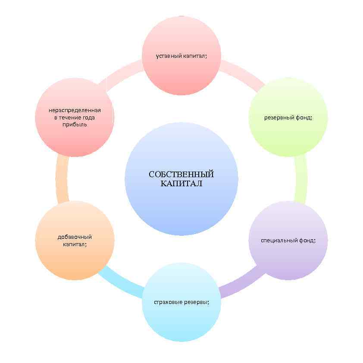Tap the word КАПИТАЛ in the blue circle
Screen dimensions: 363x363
pos(181,183)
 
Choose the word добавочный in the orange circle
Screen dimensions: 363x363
pos(75,237)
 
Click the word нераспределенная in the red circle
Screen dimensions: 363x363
pos(75,110)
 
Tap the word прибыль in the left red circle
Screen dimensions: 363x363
pos(75,124)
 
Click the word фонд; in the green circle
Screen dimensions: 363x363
pos(304,117)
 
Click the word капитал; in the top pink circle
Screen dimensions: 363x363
pos(195,56)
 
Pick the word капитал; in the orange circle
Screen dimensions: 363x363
pos(75,244)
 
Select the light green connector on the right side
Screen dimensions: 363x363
pos(301,179)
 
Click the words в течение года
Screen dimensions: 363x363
pos(75,117)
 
